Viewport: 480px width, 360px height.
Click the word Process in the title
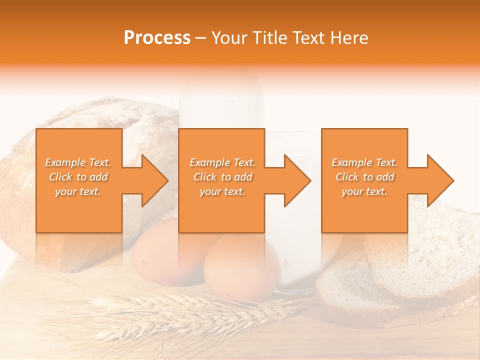point(157,38)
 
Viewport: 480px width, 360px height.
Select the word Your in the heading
point(227,38)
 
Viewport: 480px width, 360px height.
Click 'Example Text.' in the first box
point(78,162)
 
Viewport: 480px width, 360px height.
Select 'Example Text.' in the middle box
point(222,162)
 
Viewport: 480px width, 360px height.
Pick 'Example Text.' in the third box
point(364,162)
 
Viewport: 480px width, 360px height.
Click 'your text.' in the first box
point(78,191)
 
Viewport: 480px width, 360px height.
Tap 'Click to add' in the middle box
point(222,177)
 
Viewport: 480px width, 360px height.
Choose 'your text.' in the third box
point(364,191)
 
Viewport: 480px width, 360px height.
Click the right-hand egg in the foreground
point(241,267)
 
